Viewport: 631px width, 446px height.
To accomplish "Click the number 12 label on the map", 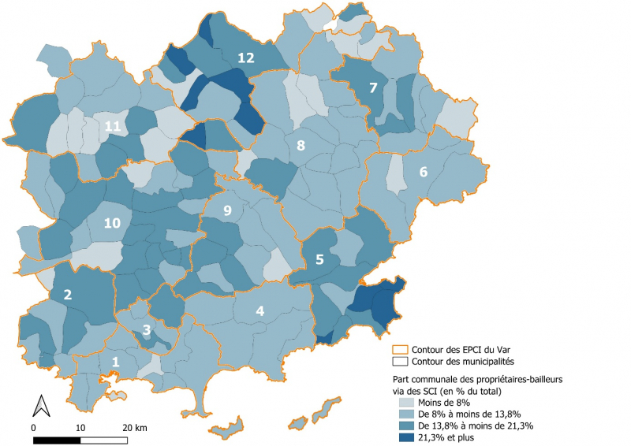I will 246,57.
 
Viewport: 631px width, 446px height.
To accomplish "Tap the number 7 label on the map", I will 373,87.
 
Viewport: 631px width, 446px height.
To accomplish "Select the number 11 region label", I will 112,126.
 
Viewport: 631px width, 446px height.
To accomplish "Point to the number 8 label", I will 301,146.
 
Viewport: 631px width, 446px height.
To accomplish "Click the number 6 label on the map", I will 423,172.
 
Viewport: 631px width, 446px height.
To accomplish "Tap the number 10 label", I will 112,223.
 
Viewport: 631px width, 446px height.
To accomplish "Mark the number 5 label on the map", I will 319,258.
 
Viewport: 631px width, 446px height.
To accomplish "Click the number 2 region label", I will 68,295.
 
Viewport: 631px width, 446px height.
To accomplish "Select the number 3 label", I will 146,329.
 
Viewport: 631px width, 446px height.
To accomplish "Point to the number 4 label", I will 259,310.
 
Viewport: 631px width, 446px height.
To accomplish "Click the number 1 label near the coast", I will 116,362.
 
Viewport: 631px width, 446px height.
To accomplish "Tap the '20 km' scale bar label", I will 135,427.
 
